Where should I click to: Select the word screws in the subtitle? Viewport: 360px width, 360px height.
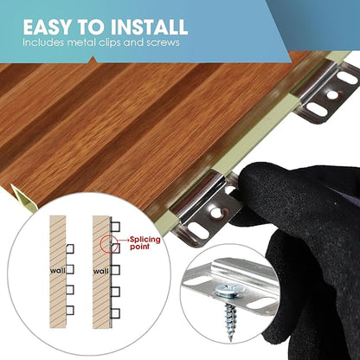(163, 42)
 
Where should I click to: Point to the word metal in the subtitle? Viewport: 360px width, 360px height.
(80, 42)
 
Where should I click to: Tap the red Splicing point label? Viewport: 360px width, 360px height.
(145, 243)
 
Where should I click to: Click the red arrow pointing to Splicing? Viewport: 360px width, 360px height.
(124, 240)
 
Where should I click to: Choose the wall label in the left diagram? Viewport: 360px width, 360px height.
(58, 271)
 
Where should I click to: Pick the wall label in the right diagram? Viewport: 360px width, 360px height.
(101, 271)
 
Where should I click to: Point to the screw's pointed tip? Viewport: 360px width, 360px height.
(230, 340)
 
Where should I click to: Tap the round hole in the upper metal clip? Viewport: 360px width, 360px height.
(332, 94)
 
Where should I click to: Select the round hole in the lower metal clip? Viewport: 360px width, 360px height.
(215, 213)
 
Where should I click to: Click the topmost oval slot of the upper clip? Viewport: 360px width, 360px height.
(347, 78)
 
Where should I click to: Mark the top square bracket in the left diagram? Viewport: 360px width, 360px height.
(70, 249)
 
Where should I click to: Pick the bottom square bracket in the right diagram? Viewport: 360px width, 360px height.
(115, 313)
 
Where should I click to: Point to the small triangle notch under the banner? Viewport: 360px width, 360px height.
(93, 60)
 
